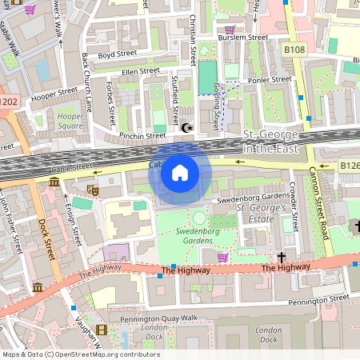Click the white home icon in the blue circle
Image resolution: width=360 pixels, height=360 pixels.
tap(180, 173)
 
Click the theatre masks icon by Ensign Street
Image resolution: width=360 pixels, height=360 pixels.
tap(93, 190)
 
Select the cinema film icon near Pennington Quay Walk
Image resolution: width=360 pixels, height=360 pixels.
tap(101, 329)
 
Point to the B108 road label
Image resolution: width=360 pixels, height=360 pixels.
tap(294, 50)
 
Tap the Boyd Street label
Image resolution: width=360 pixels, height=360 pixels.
tap(114, 55)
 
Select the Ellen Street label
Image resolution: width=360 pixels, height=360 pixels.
tap(136, 72)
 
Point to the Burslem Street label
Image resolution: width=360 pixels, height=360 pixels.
tap(245, 37)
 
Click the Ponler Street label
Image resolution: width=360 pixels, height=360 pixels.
tap(270, 79)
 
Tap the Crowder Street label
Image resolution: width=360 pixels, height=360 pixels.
tap(294, 203)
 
